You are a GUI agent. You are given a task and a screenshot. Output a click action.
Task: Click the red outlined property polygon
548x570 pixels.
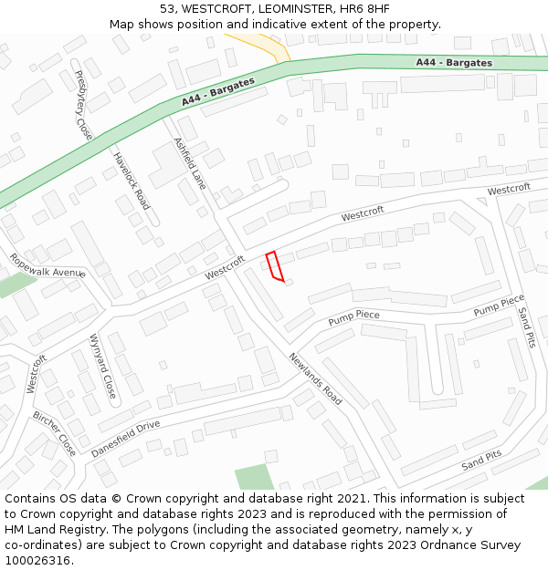pyautogui.click(x=274, y=265)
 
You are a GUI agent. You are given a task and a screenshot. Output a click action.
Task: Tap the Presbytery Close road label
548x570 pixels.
pyautogui.click(x=84, y=105)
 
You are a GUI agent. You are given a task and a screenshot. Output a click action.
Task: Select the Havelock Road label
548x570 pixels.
pyautogui.click(x=131, y=181)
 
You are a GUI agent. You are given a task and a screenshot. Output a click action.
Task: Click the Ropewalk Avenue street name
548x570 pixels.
pyautogui.click(x=47, y=265)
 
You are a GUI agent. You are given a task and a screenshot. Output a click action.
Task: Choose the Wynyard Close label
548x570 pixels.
pyautogui.click(x=102, y=367)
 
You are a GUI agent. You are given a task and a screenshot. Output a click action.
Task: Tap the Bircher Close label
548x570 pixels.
pyautogui.click(x=55, y=433)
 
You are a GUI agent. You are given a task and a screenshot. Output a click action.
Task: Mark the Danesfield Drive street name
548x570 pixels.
pyautogui.click(x=125, y=439)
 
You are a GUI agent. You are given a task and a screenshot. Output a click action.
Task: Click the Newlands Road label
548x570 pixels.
pyautogui.click(x=315, y=378)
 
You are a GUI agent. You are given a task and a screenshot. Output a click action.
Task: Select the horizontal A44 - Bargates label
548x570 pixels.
pyautogui.click(x=454, y=63)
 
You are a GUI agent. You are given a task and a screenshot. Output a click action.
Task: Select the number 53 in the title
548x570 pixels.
pyautogui.click(x=167, y=9)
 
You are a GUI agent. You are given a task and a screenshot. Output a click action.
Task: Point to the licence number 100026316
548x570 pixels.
pyautogui.click(x=37, y=561)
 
